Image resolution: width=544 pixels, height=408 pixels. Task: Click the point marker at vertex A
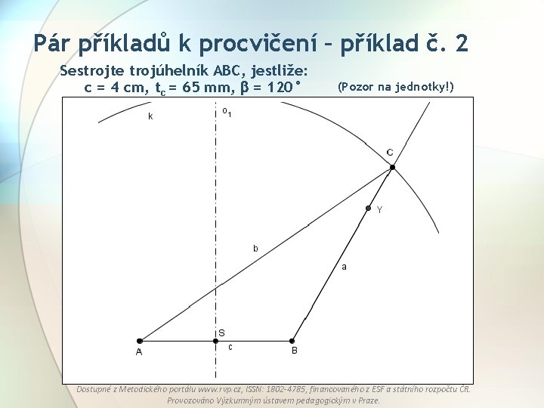140,341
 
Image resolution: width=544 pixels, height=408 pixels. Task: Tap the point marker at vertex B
293,341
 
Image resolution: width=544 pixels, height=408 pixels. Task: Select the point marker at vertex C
392,167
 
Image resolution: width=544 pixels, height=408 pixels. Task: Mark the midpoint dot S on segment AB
215,341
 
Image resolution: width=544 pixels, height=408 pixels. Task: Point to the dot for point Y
369,208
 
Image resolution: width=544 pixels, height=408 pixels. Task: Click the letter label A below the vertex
139,352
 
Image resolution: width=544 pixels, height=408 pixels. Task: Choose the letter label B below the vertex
295,351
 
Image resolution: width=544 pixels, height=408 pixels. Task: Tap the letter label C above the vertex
390,153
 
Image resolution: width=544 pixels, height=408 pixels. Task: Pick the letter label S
221,332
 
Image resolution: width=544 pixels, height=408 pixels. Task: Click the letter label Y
379,210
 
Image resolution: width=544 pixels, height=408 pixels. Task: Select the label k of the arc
150,116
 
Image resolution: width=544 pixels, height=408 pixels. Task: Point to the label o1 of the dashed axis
227,113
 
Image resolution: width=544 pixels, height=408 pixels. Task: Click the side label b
255,248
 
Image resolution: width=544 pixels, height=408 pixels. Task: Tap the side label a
345,266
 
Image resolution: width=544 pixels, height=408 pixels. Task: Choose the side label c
230,347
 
